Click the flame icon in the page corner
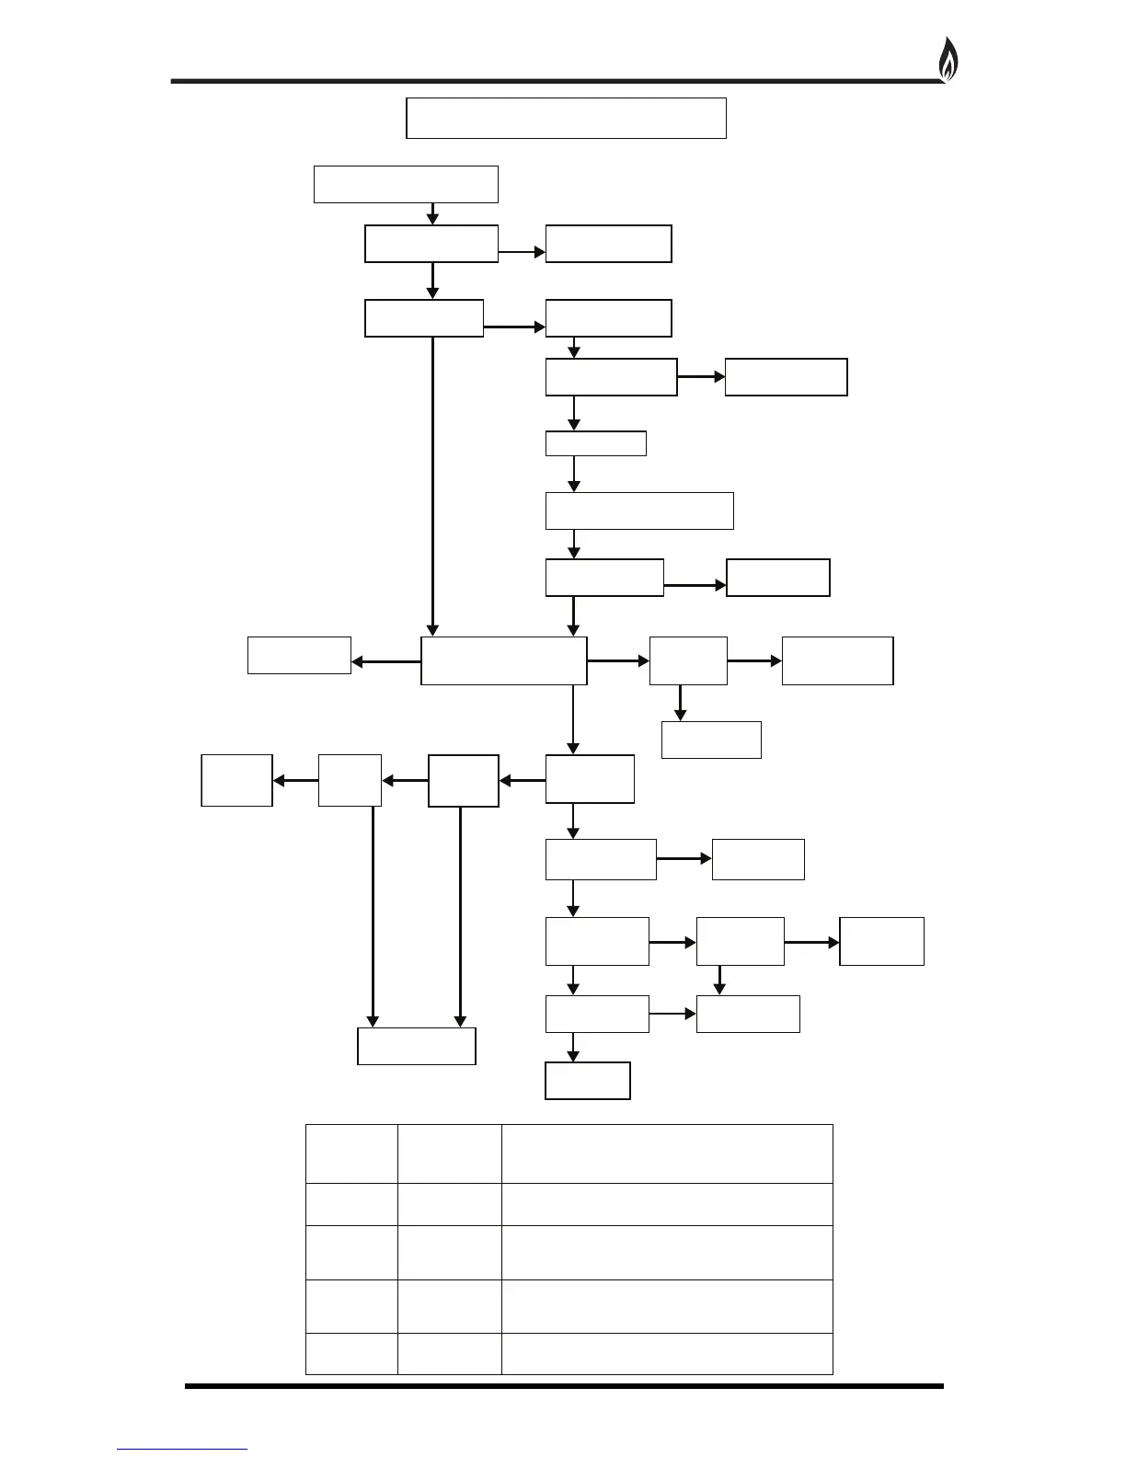coord(948,61)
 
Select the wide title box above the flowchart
coord(566,118)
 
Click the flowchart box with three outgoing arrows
coord(503,660)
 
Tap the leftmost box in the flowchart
coord(236,780)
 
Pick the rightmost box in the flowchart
coord(881,941)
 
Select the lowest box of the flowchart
coord(587,1081)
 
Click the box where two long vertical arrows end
coord(416,1046)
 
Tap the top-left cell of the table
coord(351,1153)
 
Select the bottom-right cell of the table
coord(666,1354)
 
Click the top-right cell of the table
coord(666,1153)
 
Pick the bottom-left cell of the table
coord(351,1354)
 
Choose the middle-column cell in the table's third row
coord(449,1252)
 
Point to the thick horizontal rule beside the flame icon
coord(552,81)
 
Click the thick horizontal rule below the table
coord(563,1386)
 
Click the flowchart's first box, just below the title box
coord(406,184)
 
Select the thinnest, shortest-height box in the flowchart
coord(595,443)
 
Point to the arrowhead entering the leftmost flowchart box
coord(279,781)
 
